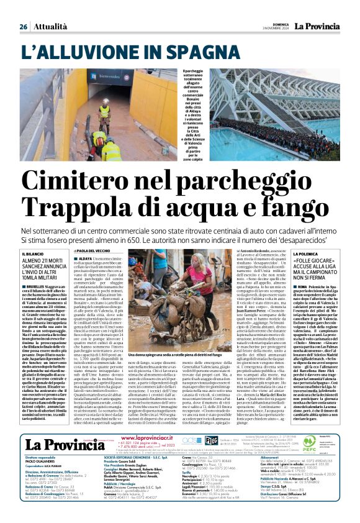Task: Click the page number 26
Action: tap(24, 27)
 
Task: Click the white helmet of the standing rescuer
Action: tap(106, 101)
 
